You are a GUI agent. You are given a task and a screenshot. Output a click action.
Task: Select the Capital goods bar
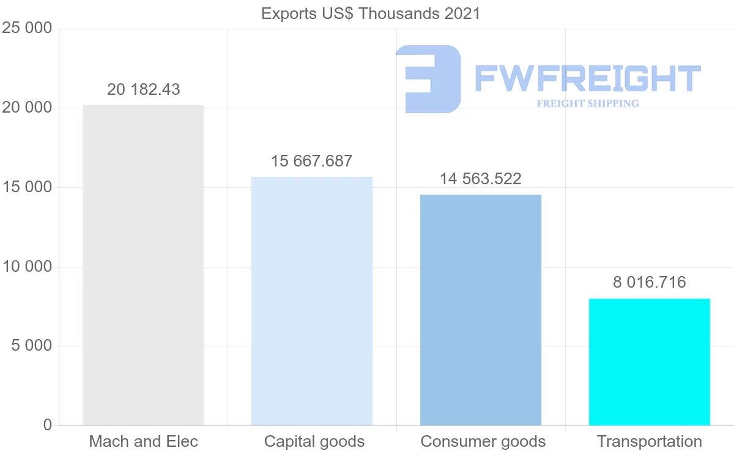(312, 301)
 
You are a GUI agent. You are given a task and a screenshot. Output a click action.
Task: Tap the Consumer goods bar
(481, 310)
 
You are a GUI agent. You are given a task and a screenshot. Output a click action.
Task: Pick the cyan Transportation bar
(650, 362)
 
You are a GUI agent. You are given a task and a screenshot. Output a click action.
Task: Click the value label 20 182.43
(144, 89)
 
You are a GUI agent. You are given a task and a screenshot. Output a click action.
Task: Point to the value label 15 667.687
(312, 161)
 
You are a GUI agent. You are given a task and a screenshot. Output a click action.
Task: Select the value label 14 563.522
(481, 179)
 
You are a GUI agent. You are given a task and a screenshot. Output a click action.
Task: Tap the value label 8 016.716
(650, 282)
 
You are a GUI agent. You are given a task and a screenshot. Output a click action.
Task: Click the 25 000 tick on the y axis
(27, 29)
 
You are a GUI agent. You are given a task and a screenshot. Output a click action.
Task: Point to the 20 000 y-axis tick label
(27, 108)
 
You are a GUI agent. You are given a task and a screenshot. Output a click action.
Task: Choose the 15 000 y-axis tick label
(27, 187)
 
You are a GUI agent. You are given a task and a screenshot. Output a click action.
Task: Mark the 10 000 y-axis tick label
(27, 267)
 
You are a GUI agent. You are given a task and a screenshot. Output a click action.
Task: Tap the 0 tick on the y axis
(48, 425)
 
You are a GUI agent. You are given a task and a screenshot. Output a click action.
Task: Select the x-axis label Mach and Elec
(144, 441)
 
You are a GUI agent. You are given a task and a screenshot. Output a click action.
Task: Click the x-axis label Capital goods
(314, 441)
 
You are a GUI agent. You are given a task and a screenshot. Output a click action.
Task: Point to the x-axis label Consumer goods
(483, 441)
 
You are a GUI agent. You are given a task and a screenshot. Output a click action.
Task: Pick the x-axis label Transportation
(650, 441)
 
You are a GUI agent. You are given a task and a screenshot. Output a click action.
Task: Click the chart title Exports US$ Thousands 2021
(371, 13)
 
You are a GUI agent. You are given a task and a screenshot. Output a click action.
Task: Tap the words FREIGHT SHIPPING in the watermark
(588, 103)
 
